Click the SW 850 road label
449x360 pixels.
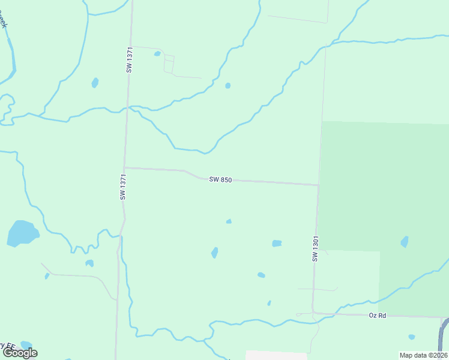pyautogui.click(x=220, y=179)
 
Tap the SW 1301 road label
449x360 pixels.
pyautogui.click(x=315, y=248)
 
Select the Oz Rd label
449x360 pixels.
pyautogui.click(x=376, y=315)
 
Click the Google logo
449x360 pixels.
pyautogui.click(x=20, y=353)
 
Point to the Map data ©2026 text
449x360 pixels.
pyautogui.click(x=423, y=355)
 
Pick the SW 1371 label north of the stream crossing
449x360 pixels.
pyautogui.click(x=129, y=60)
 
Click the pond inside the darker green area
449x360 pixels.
pyautogui.click(x=405, y=242)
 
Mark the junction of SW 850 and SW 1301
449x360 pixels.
pyautogui.click(x=318, y=185)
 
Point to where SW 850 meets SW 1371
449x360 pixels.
pyautogui.click(x=124, y=168)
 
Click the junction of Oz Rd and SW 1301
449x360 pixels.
pyautogui.click(x=313, y=313)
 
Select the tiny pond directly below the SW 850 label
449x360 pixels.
pyautogui.click(x=229, y=221)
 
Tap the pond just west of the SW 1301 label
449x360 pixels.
pyautogui.click(x=277, y=243)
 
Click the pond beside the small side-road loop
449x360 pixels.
pyautogui.click(x=157, y=53)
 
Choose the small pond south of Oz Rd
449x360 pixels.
pyautogui.click(x=411, y=337)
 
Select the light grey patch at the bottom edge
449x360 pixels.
pyautogui.click(x=268, y=355)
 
